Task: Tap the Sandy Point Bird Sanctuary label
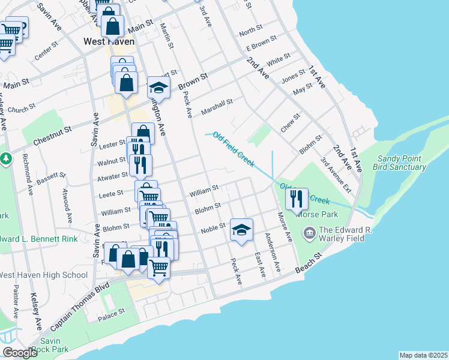pos(401,163)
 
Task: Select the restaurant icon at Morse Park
pos(296,199)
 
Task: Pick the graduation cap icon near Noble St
pos(241,230)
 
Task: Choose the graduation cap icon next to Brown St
pos(158,87)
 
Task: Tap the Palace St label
pos(112,312)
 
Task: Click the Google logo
pos(20,353)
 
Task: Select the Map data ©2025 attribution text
pos(423,355)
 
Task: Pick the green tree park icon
pos(6,159)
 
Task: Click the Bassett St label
pos(50,178)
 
